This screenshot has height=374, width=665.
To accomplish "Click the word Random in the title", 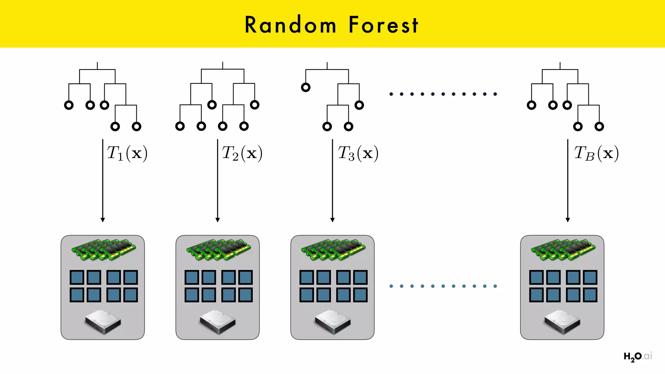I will [290, 25].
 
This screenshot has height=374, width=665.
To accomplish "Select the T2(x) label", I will [242, 153].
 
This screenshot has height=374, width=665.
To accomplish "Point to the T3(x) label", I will [358, 153].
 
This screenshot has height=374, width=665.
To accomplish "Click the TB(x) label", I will [596, 153].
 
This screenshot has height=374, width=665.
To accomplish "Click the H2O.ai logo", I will [637, 356].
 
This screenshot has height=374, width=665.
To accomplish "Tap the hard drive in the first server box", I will [103, 321].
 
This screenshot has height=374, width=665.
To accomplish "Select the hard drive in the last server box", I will [562, 321].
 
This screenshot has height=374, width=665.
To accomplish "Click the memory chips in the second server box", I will [218, 249].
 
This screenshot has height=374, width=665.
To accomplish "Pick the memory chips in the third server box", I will [333, 249].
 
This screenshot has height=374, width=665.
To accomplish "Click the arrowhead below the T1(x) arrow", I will [103, 220].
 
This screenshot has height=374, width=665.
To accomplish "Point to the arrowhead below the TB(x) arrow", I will [568, 220].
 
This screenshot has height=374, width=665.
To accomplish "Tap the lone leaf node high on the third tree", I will [306, 87].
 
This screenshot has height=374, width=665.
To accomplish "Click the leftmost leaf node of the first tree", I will [69, 105].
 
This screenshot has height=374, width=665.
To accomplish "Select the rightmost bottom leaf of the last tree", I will [599, 127].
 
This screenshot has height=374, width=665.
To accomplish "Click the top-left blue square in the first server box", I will [77, 278].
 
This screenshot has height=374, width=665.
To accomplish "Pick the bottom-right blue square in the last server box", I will [590, 295].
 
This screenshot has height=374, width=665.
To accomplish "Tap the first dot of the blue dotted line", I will [391, 286].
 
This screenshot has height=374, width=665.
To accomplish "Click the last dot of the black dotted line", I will [495, 94].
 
